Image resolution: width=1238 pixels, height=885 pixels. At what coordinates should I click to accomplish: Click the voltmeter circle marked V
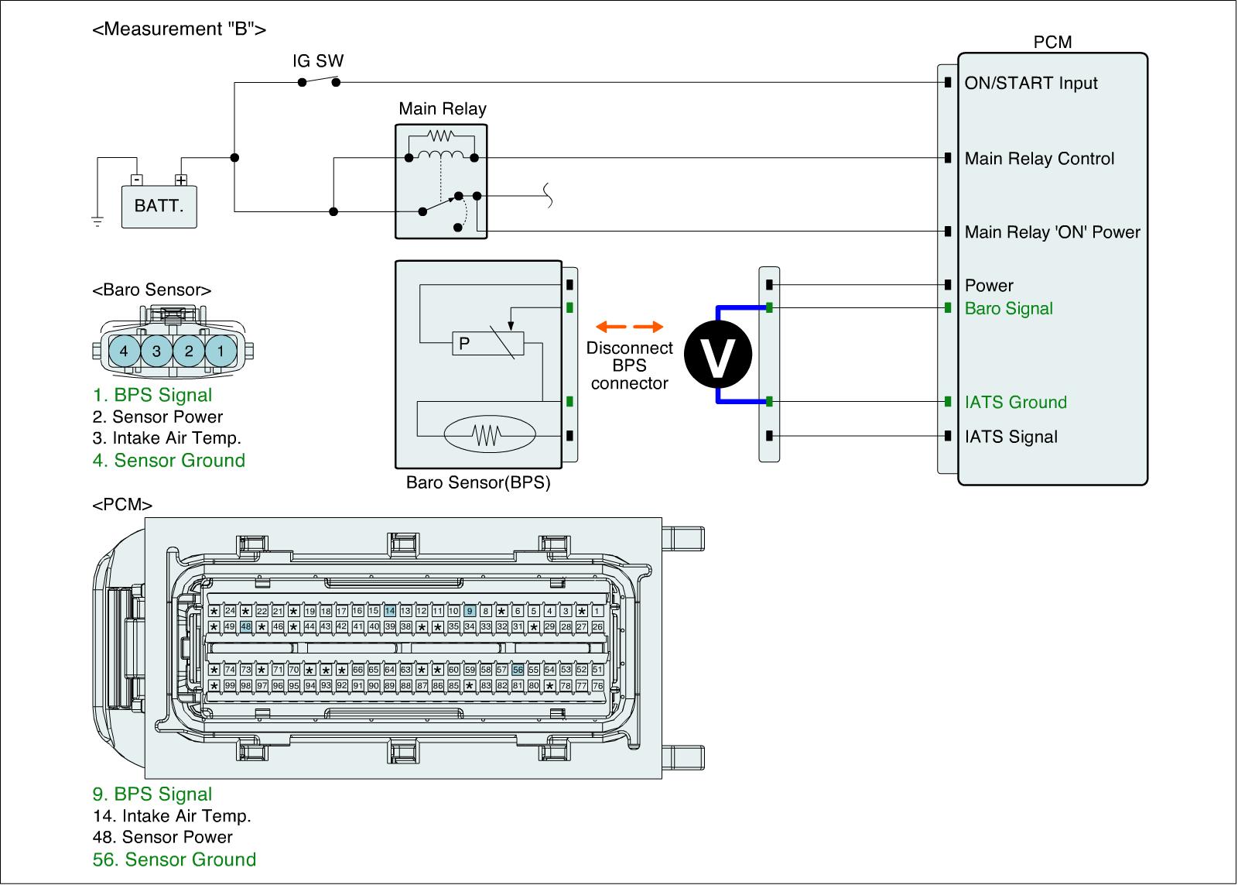pyautogui.click(x=720, y=355)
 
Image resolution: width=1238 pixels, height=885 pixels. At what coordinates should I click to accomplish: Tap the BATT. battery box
pyautogui.click(x=159, y=207)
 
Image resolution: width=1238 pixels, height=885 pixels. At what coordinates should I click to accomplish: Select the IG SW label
pyautogui.click(x=318, y=61)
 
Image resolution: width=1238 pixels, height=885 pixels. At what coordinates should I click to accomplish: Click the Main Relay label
pyautogui.click(x=442, y=108)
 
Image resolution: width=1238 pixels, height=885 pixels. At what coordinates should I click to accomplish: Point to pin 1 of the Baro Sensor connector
pyautogui.click(x=221, y=351)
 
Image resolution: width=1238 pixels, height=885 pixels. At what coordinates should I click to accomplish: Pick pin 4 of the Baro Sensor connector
pyautogui.click(x=124, y=351)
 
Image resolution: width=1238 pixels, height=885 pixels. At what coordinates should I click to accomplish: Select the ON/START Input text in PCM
pyautogui.click(x=1031, y=84)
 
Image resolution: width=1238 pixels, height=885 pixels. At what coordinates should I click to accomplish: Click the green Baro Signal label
pyautogui.click(x=1008, y=309)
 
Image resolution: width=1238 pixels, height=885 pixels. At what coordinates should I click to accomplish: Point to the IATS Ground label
pyautogui.click(x=1015, y=403)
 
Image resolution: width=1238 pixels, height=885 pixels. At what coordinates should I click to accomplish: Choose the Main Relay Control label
pyautogui.click(x=1039, y=159)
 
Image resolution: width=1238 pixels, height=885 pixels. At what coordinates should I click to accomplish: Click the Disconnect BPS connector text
pyautogui.click(x=629, y=365)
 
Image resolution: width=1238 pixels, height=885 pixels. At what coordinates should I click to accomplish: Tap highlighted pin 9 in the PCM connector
pyautogui.click(x=470, y=612)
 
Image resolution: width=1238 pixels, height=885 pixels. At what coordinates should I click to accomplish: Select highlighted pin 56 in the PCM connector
pyautogui.click(x=518, y=670)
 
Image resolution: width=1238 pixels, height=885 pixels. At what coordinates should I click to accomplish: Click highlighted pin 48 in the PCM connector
pyautogui.click(x=246, y=626)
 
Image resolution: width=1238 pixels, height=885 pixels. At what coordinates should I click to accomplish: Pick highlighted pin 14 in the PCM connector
pyautogui.click(x=390, y=612)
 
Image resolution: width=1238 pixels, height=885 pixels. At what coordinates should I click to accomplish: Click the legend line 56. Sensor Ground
pyautogui.click(x=174, y=859)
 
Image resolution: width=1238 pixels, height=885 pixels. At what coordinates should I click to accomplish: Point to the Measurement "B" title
pyautogui.click(x=180, y=29)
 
